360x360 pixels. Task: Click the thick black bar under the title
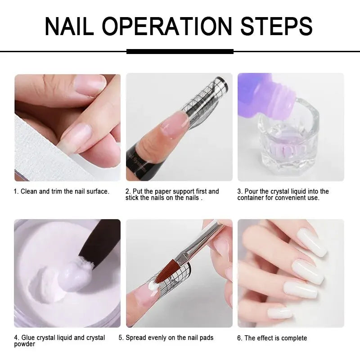tap(180, 51)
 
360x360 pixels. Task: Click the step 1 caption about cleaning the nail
tap(62, 192)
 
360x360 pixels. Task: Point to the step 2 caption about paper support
tap(172, 195)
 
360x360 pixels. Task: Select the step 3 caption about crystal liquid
tap(283, 195)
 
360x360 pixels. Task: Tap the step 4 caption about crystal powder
tap(59, 341)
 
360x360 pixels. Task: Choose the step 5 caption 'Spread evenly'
tap(166, 337)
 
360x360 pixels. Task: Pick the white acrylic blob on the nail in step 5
tap(154, 286)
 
